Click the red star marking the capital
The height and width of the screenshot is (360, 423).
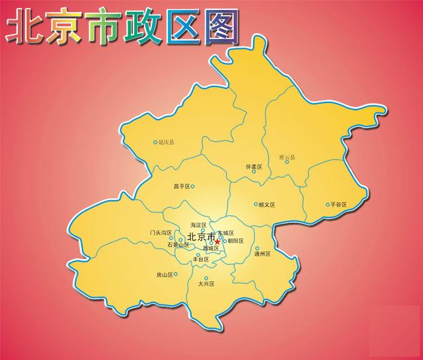217,242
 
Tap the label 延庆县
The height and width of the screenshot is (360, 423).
169,142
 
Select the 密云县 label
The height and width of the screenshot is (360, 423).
288,157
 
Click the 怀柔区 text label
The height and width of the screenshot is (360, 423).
254,168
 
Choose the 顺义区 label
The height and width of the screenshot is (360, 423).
266,205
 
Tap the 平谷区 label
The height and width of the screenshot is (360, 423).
338,205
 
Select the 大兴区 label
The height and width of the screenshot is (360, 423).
206,285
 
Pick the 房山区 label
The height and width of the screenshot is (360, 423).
164,274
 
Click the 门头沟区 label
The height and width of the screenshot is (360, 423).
161,233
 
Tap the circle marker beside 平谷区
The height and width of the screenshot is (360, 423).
327,205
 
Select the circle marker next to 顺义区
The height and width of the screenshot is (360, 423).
255,205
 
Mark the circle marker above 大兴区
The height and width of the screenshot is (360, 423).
206,278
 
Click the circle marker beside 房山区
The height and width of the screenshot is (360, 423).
176,274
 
